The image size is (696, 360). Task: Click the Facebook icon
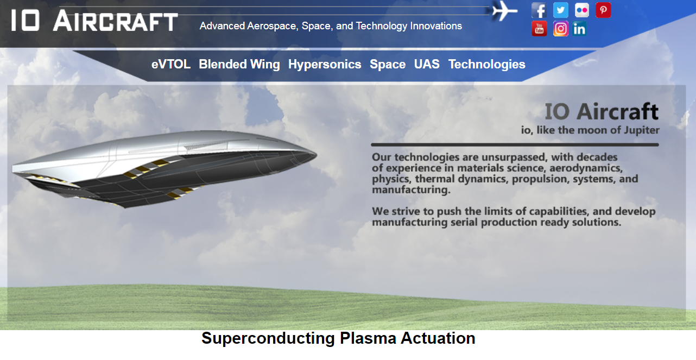tap(539, 10)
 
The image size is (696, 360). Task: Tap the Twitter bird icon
tap(560, 10)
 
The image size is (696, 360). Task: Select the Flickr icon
tap(581, 10)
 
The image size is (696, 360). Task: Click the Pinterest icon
tap(603, 10)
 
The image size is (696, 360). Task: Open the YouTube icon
tap(539, 29)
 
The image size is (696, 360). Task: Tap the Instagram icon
tap(560, 29)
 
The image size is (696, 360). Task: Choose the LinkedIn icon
tap(579, 29)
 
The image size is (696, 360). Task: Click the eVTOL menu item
tap(170, 65)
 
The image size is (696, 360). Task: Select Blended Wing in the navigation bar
tap(239, 65)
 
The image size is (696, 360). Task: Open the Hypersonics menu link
tap(325, 65)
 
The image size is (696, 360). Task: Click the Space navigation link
tap(388, 65)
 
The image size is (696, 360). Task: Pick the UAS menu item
tap(427, 65)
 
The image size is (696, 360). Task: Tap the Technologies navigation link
tap(486, 65)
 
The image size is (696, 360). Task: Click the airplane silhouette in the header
tap(504, 11)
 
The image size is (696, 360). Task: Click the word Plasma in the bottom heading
tap(368, 338)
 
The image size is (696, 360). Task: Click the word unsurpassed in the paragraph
tap(514, 157)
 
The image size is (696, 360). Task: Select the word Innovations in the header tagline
tap(436, 26)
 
